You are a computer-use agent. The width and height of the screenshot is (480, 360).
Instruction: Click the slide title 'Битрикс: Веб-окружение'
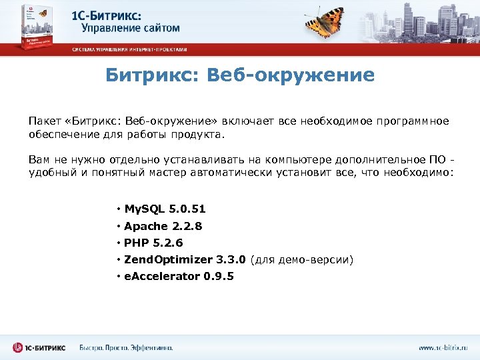(x=240, y=75)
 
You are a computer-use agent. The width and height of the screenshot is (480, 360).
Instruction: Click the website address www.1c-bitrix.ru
(x=443, y=347)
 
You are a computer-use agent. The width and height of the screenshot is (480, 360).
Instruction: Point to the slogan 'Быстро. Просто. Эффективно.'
(x=126, y=347)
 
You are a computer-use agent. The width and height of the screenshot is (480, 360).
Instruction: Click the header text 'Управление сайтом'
(x=131, y=28)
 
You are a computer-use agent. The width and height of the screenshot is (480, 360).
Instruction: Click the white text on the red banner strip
(x=130, y=50)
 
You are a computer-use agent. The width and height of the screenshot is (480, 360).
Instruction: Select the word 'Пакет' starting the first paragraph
(x=43, y=121)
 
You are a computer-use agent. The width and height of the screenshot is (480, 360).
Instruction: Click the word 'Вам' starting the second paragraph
(x=38, y=159)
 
